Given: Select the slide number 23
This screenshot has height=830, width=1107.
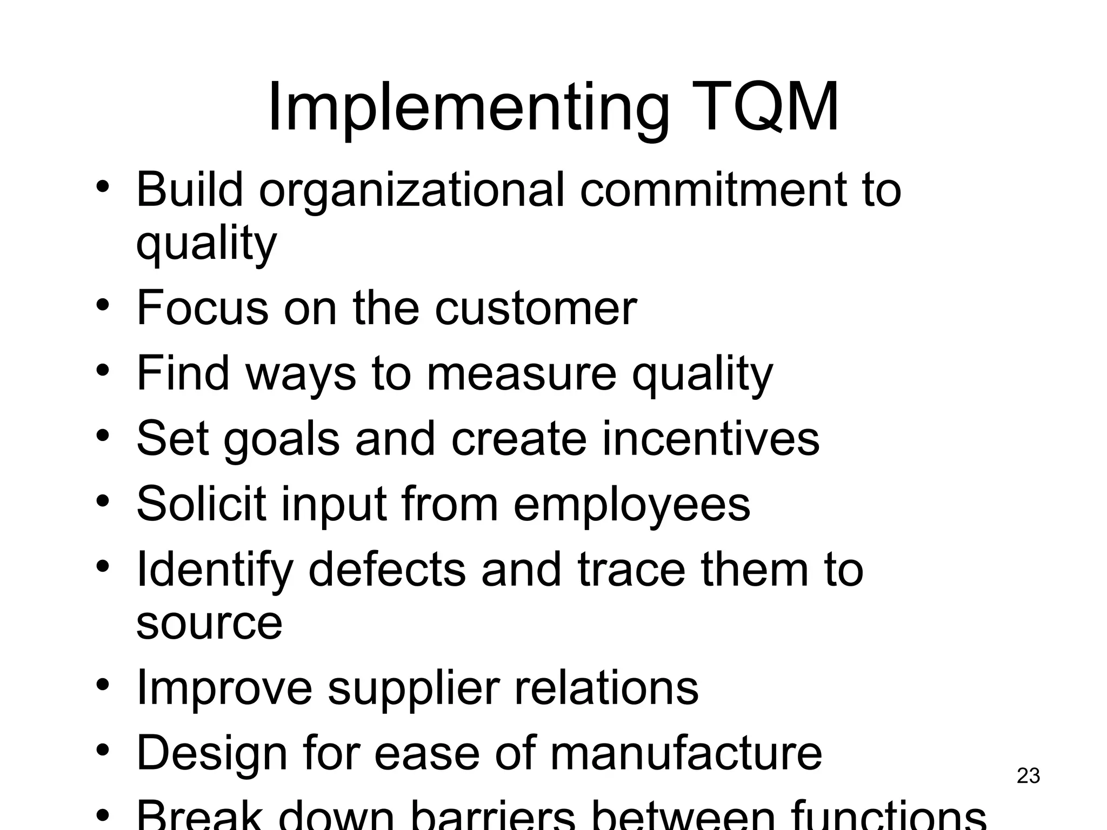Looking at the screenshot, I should (1028, 776).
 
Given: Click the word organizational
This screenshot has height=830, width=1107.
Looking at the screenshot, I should (411, 190).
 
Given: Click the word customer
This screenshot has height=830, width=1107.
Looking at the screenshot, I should (536, 308).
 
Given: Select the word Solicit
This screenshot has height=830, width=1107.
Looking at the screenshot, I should (201, 504).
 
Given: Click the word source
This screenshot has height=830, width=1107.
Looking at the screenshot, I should (209, 623).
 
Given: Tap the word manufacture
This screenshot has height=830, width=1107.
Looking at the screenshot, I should (686, 753).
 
